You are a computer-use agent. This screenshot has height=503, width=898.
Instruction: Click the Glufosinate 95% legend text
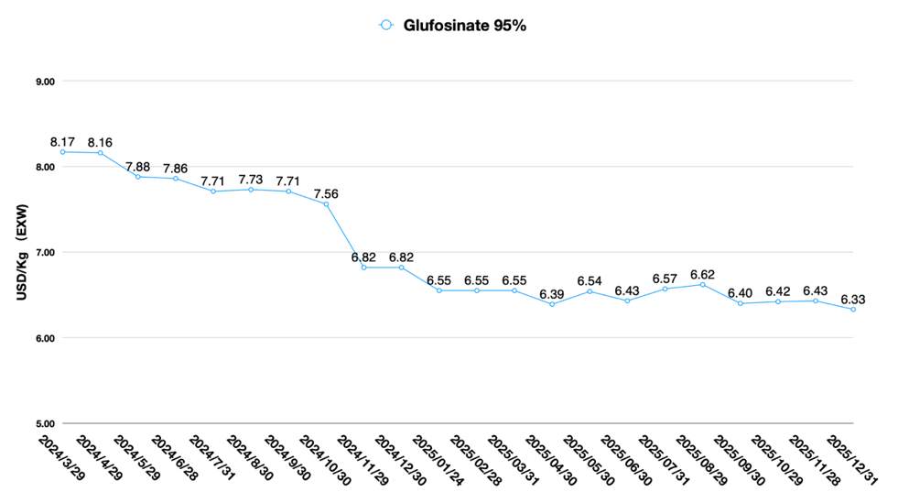point(464,26)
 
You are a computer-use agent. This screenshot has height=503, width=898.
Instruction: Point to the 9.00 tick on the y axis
point(44,82)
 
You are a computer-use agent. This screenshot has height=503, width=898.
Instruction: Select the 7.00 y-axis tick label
point(44,253)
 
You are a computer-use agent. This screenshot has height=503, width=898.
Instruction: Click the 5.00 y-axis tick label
point(44,424)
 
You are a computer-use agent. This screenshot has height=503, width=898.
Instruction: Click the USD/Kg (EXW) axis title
point(20,252)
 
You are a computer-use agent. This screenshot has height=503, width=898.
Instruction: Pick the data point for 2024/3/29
point(62,152)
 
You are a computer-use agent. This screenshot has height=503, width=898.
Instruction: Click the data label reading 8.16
point(100,142)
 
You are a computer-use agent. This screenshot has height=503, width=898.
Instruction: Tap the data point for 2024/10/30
point(326,203)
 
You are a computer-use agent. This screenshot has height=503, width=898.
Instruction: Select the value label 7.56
point(326,193)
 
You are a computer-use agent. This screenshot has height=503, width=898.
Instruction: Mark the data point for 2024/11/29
point(363,268)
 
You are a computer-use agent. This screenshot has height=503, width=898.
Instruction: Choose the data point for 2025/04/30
point(552,304)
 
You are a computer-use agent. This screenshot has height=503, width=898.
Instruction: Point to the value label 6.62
point(703,274)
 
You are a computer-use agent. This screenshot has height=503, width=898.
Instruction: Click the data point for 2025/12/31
point(853,310)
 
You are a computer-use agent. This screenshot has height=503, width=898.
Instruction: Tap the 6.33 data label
point(853,299)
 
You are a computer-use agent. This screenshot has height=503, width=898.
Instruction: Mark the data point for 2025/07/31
point(665,289)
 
